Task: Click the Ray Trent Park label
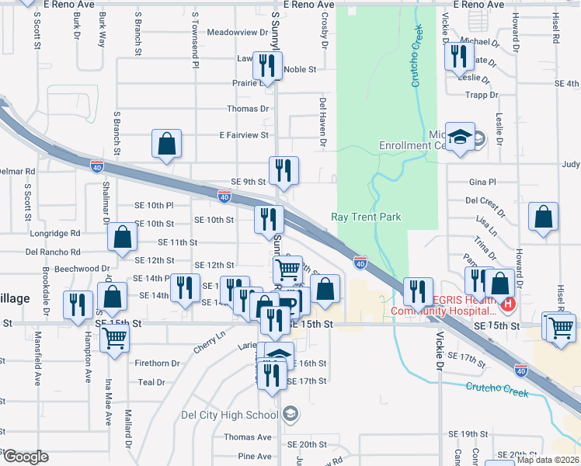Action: click(367, 217)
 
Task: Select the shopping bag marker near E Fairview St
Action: click(167, 144)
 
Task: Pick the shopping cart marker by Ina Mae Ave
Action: click(115, 338)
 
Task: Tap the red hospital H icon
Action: click(508, 304)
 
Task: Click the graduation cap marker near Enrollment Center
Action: click(461, 137)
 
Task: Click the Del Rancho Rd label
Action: click(53, 252)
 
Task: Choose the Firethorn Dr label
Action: click(157, 363)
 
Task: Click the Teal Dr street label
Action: click(151, 382)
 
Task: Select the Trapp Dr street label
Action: click(482, 95)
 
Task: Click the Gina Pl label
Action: click(482, 182)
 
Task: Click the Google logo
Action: click(26, 457)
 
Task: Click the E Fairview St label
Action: click(243, 135)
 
